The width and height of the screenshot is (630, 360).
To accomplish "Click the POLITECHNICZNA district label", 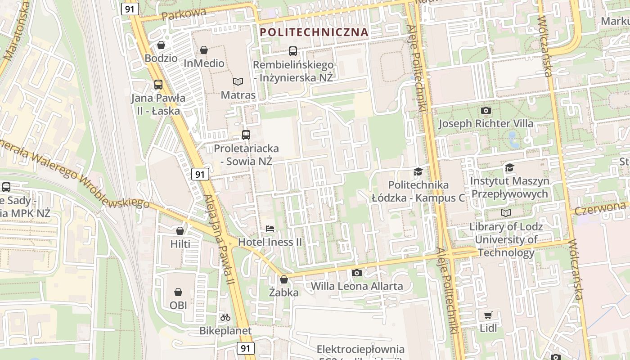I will coord(314,32).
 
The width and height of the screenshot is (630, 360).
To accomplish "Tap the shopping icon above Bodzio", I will coord(161,45).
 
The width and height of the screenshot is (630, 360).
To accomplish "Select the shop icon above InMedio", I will coord(204,50).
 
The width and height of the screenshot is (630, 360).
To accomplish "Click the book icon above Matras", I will coord(238,81).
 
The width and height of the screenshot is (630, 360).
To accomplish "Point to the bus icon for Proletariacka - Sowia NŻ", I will coord(246,135).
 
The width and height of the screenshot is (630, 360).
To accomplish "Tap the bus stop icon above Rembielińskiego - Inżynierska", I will coord(293,51).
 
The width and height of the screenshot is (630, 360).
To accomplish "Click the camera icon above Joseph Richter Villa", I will coord(486,110).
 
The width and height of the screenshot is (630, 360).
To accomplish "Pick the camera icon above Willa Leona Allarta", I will coord(356,273).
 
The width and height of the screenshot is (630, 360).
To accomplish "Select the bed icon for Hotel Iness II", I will coord(270,229).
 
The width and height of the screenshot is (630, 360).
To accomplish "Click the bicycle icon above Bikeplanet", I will coord(225,317).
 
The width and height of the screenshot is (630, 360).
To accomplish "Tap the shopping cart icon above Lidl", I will coord(488,315).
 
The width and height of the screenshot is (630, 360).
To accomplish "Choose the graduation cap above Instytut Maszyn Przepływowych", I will coord(509,168).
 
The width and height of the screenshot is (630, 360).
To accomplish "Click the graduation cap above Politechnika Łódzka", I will coord(418,171).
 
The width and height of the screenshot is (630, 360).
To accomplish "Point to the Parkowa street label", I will coord(184,13).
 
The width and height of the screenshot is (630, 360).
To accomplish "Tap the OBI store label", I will coord(178,305).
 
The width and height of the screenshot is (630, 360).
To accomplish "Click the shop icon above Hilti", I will coord(180,231).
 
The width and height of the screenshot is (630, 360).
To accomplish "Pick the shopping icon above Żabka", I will coord(284,279).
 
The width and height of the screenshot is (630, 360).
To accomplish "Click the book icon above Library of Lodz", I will coord(506,213).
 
